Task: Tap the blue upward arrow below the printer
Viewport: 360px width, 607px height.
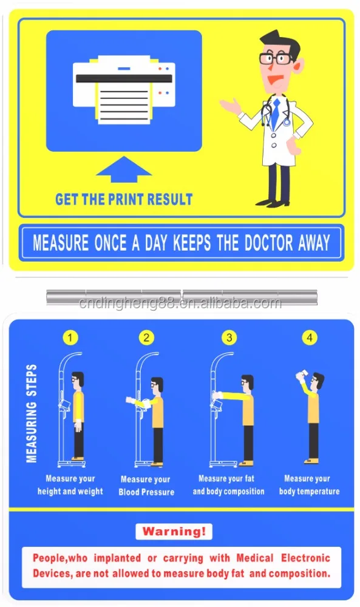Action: coord(123,170)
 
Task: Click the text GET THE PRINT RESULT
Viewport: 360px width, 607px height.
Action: coord(124,199)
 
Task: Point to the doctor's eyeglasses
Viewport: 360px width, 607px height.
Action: coord(274,59)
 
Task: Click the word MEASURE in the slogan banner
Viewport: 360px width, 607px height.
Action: coord(61,243)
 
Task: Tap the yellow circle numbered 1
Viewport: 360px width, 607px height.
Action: coord(72,337)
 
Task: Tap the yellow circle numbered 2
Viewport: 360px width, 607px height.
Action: coord(146,337)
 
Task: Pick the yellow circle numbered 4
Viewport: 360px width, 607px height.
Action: coord(310,337)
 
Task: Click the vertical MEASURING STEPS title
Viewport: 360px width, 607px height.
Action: coord(32,413)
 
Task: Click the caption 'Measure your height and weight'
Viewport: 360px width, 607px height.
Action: coord(70,485)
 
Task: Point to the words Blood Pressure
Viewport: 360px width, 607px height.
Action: coord(146,492)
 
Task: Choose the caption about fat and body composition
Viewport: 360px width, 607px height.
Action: coord(228,485)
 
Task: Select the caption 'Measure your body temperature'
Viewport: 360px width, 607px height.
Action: coord(309,485)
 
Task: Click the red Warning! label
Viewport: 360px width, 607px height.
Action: coord(174,532)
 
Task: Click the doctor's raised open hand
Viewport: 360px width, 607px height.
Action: coord(228,107)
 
